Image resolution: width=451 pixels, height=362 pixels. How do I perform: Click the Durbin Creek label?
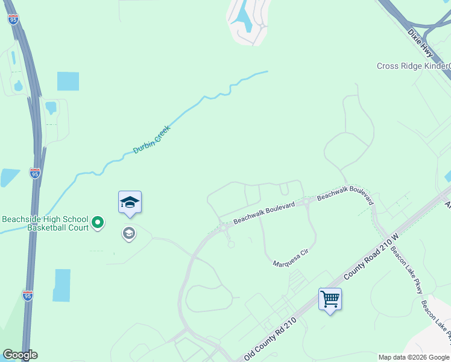coord(152,139)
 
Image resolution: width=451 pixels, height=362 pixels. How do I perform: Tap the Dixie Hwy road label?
coord(420,41)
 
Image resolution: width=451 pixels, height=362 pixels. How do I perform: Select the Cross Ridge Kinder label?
coord(414,66)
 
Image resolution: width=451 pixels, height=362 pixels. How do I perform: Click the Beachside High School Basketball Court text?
coord(45,223)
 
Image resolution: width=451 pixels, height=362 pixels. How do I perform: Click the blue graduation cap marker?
coord(130,202)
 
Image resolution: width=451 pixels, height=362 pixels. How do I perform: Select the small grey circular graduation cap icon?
coord(128,233)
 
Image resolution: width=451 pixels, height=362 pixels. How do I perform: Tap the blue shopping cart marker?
coord(330,299)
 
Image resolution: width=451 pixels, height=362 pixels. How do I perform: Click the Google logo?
coord(19,355)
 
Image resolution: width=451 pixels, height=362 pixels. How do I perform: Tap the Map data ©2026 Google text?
coord(414,357)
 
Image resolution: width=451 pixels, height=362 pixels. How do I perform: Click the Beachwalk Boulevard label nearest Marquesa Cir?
coord(263,214)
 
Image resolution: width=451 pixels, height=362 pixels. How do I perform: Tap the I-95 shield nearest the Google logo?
coord(27,295)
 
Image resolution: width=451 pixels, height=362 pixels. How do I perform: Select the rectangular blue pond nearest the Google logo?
coord(61,285)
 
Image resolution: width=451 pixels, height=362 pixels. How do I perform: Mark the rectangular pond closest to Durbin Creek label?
coord(68,81)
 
